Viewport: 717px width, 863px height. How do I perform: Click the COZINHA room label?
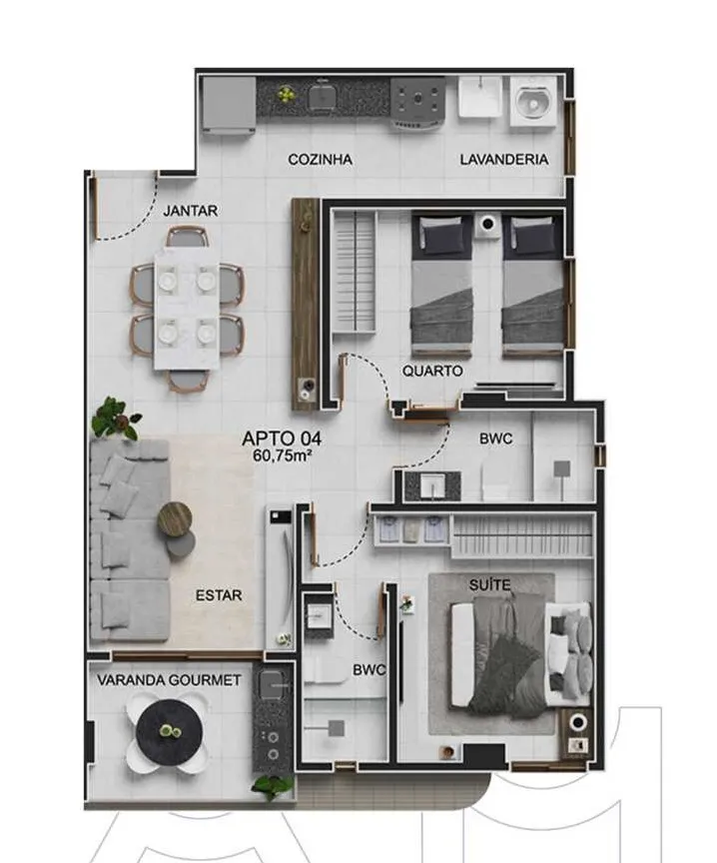point(320,160)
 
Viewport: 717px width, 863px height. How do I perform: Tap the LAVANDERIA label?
point(504,160)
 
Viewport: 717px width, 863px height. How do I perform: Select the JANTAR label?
point(191,211)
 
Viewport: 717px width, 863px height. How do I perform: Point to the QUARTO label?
point(432,371)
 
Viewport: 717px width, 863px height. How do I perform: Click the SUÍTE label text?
point(489,584)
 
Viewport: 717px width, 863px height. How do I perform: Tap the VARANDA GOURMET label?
point(169,680)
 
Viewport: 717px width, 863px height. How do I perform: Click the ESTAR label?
point(219,595)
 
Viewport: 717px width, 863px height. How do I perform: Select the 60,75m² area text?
point(283,455)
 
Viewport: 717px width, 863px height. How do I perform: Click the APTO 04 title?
point(282,438)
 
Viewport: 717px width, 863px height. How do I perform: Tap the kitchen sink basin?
point(323,98)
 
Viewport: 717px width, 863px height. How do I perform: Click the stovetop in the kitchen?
point(418,100)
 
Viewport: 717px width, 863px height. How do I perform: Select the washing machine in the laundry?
point(533,101)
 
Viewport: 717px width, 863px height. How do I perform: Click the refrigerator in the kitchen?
point(229,105)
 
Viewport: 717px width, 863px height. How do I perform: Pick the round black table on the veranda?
point(169,732)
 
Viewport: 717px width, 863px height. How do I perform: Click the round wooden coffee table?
point(175,518)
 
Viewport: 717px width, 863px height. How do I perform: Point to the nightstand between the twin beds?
point(487,226)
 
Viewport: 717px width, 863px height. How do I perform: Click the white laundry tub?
point(480,97)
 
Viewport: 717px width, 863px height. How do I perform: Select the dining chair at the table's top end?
point(188,237)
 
